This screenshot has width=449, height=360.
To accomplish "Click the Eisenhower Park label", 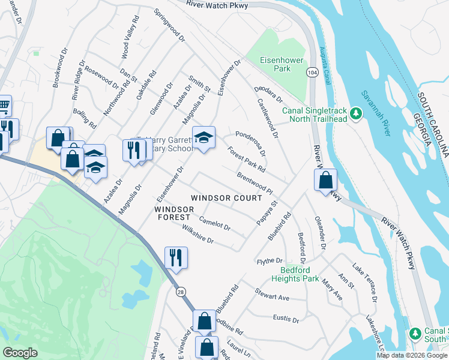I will point(276,64).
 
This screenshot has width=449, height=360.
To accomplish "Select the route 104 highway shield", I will point(312,71).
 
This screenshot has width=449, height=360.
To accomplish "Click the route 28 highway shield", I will point(181,292).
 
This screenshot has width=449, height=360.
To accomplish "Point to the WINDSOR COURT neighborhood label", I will point(226,198).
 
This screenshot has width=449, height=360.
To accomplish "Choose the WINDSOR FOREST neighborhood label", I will point(174,213).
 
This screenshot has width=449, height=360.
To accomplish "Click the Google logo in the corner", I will point(20,352).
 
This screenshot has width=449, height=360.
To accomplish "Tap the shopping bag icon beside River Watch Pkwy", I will point(325,180).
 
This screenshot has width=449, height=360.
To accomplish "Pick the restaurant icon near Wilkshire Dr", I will point(176,258).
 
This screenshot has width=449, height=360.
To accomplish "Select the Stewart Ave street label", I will point(272,296).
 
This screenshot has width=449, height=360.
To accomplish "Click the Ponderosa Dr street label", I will point(250,143).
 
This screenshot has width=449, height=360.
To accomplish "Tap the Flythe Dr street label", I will point(270,261).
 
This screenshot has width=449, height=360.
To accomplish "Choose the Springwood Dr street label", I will point(169,25).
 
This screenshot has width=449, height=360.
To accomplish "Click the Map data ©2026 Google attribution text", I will point(412,355).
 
